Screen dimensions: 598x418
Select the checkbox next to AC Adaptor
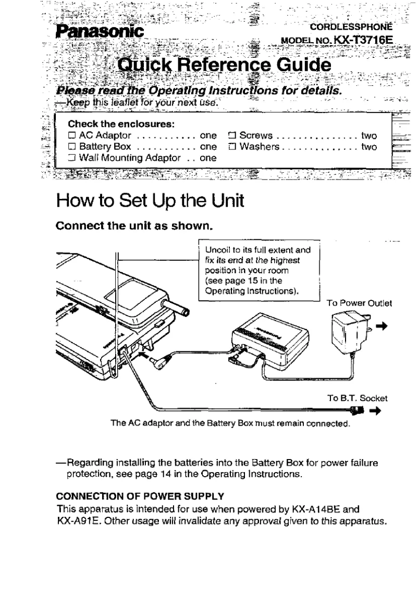(x=72, y=135)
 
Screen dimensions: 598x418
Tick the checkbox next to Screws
(x=231, y=135)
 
